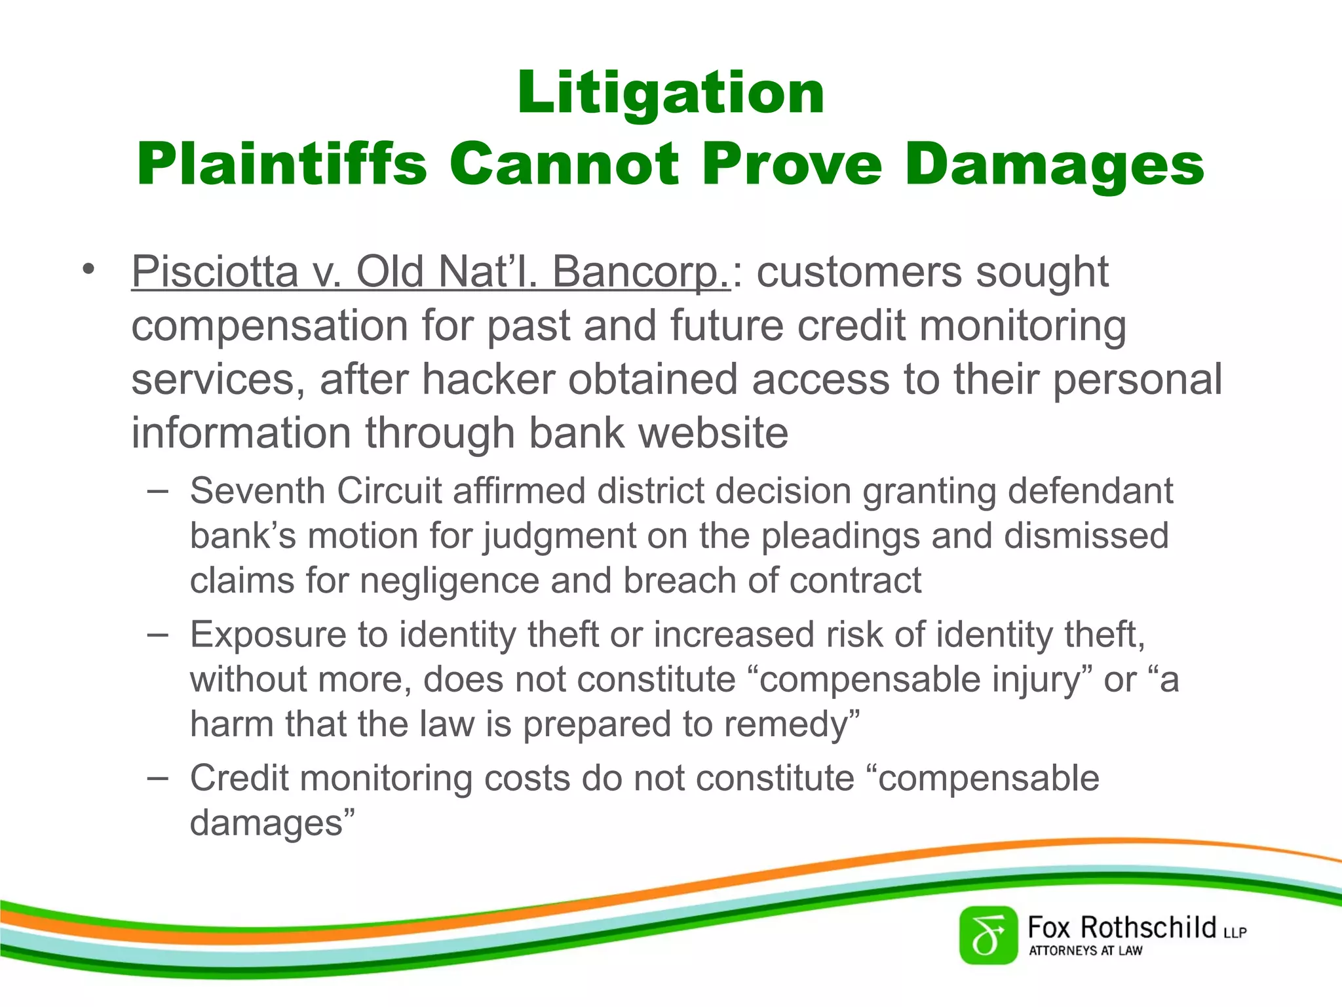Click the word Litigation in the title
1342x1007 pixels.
(x=670, y=93)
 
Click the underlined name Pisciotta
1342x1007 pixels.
(x=215, y=271)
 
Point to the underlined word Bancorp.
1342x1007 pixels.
(x=641, y=271)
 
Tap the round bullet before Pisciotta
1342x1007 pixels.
(x=89, y=269)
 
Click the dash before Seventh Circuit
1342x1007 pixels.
(x=158, y=490)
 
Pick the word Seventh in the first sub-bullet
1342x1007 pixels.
(x=258, y=491)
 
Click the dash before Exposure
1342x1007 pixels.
(x=158, y=634)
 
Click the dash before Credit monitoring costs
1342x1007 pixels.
(x=158, y=778)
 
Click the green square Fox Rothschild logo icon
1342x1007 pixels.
(x=988, y=935)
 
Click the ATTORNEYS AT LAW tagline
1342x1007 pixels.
(x=1085, y=951)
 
